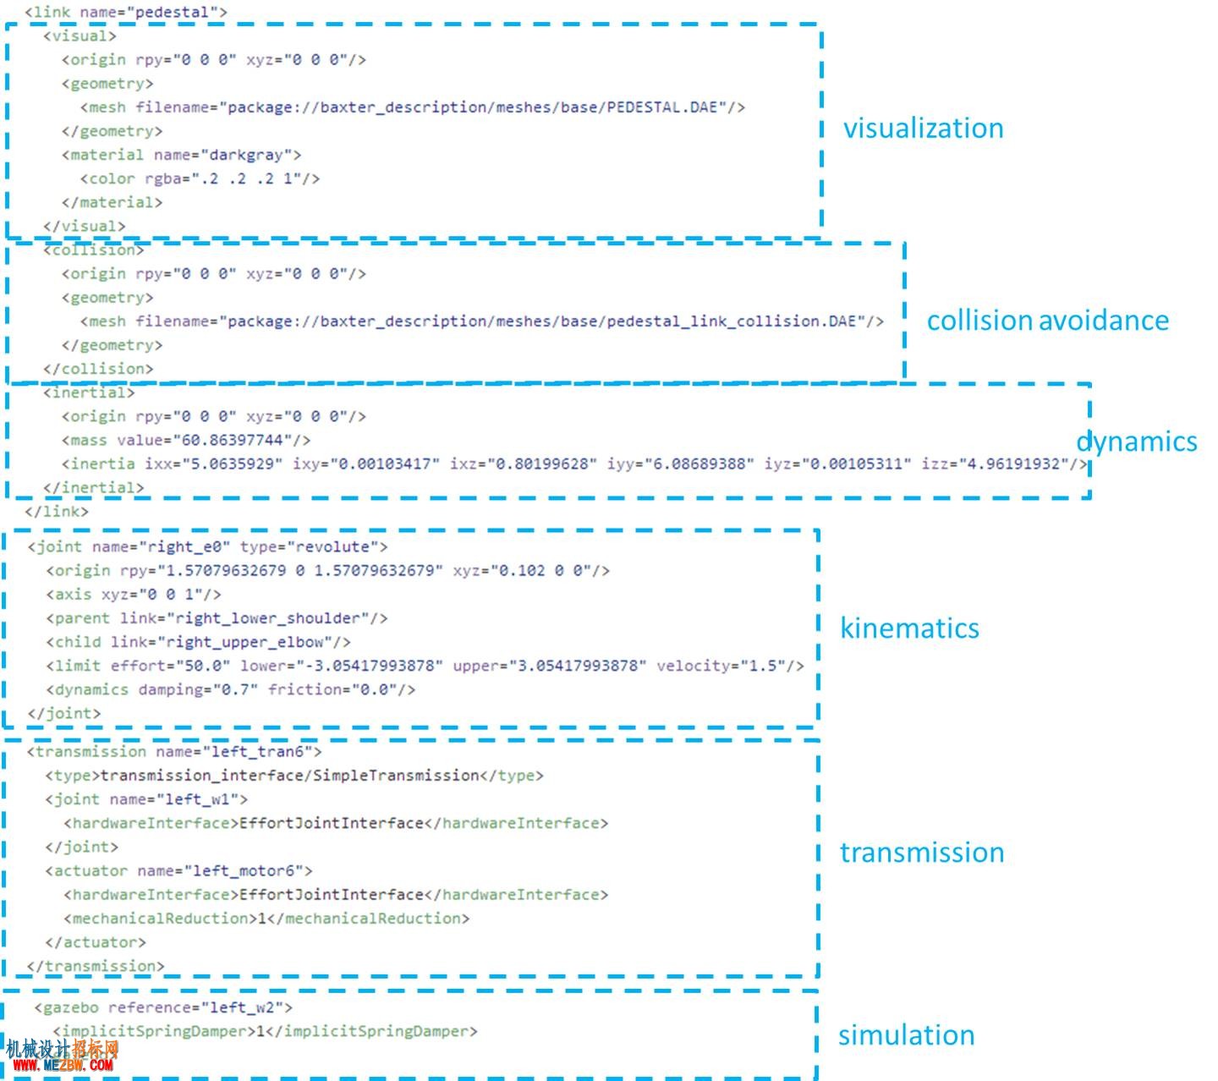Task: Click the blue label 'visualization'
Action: pos(923,128)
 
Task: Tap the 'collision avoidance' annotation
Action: pos(1047,320)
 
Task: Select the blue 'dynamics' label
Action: pos(1136,442)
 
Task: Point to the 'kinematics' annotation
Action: pos(909,628)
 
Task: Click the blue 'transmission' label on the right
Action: pos(922,852)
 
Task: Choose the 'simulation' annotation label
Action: pos(906,1034)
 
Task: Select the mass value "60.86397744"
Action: pos(232,440)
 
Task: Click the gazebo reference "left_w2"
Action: pos(242,1007)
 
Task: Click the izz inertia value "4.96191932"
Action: pos(1013,464)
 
